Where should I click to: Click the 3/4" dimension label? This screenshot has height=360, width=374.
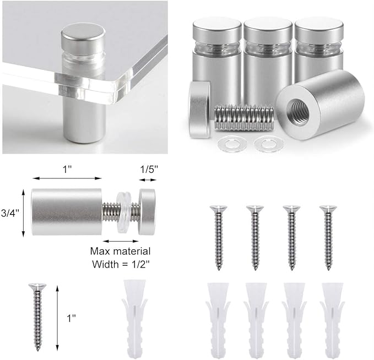10,213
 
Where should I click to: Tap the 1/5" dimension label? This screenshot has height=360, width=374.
149,170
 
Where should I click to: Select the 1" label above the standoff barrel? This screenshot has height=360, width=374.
67,170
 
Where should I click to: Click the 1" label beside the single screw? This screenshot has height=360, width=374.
71,318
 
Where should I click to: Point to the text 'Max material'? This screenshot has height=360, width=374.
121,252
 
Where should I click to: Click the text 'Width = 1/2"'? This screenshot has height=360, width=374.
121,264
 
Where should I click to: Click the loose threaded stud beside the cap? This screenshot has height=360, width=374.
244,118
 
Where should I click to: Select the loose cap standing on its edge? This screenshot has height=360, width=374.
200,110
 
